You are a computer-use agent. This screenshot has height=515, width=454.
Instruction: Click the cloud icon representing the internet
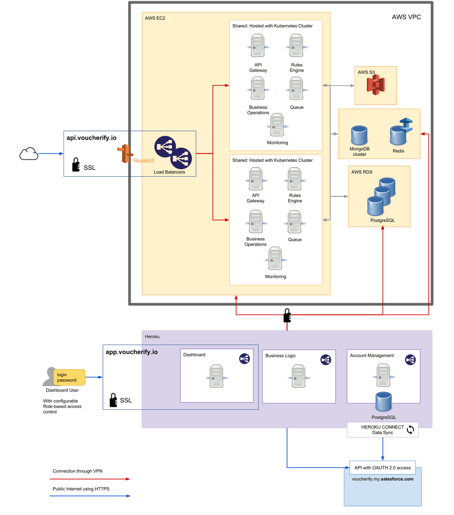coord(29,154)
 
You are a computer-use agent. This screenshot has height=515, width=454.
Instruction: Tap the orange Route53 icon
coord(125,154)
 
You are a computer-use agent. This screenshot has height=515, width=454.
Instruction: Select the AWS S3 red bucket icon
coord(375,85)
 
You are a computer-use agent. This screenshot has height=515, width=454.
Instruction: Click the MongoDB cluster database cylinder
coord(359,135)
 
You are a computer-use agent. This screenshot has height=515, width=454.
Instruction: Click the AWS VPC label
coord(406,17)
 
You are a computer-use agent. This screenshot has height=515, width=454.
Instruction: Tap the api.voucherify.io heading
coord(92,138)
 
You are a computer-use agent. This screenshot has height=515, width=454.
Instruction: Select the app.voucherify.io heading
coord(132,352)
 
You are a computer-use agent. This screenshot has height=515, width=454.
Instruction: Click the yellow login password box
coord(69,377)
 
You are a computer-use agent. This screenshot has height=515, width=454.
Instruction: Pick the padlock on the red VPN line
coord(287,316)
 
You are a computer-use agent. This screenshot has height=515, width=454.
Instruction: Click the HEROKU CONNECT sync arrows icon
coord(410,429)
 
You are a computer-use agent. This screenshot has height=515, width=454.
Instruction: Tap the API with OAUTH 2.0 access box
coord(382,467)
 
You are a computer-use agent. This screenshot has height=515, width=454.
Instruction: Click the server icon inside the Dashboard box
coord(216,376)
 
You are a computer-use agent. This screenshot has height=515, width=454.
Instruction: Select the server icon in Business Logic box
coord(299,376)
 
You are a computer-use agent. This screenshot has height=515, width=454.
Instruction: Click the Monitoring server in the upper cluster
coord(277,125)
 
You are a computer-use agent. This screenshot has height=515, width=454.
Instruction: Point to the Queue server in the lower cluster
coord(295,222)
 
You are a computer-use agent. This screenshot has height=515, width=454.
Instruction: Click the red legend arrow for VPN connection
coord(90,479)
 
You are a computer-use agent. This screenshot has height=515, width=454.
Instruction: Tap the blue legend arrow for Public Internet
coord(90,496)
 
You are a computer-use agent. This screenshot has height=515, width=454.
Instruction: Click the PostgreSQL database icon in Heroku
coord(383,401)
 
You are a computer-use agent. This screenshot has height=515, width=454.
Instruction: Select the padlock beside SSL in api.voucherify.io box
coord(76,165)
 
